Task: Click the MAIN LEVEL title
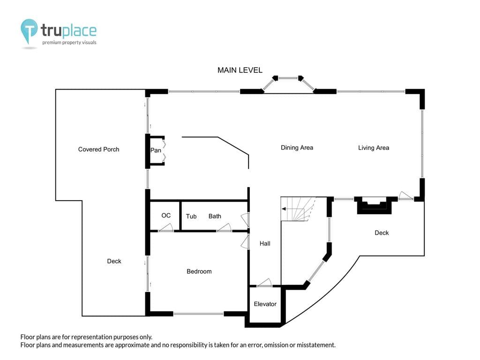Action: pos(240,70)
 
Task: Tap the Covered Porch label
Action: pos(98,150)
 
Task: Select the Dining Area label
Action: pos(297,148)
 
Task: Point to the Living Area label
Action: pos(374,148)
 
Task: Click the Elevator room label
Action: pos(265,304)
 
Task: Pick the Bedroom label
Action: pos(199,271)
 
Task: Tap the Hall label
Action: pos(265,243)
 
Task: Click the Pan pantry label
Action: pos(156,150)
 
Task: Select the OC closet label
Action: pos(166,216)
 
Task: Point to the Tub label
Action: pos(191,217)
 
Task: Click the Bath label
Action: pos(215,216)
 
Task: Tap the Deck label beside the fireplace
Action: pos(382,233)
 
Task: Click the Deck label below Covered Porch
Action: pos(114,261)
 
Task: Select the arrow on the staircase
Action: pos(293,209)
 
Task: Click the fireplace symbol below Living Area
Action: pos(374,205)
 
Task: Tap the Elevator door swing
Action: pos(264,283)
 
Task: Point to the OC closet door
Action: pos(165,227)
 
